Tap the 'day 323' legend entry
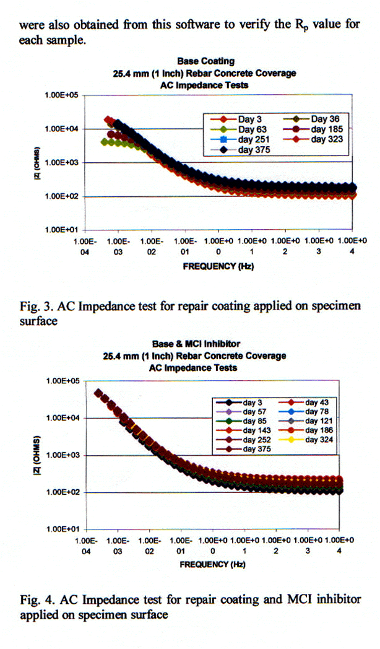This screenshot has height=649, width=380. click(327, 139)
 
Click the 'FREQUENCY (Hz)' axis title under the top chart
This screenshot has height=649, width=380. click(218, 266)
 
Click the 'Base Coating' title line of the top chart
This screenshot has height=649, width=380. click(205, 61)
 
